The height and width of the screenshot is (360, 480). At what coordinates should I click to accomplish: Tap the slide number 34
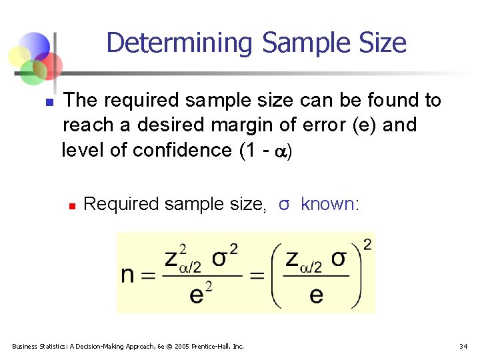coord(463,346)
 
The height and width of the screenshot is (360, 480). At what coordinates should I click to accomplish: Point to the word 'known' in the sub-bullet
coord(327,204)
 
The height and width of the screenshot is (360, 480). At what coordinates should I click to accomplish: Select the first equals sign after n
coord(149,275)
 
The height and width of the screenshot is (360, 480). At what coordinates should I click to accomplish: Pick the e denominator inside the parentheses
coord(317,294)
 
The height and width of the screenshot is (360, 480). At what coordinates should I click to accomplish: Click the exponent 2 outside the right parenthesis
coord(367,245)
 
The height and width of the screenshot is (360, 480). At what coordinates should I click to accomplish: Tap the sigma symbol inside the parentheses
coord(339,258)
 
